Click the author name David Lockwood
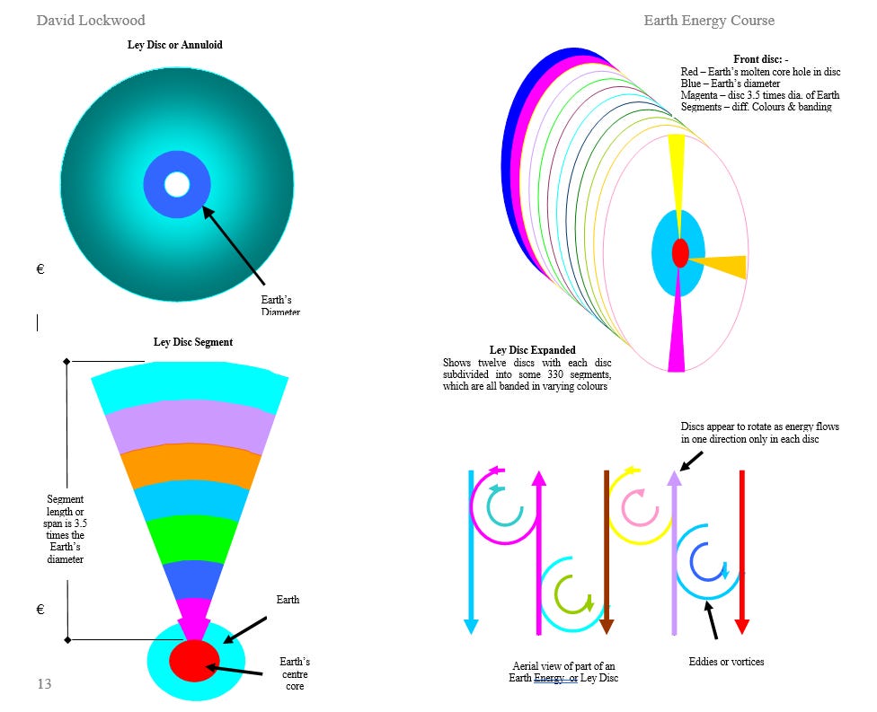(x=90, y=20)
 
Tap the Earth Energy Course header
(x=708, y=20)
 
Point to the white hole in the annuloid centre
(x=177, y=185)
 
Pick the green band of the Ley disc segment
(x=191, y=537)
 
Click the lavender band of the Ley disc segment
(x=190, y=427)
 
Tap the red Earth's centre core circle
(x=194, y=661)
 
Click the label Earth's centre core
(x=295, y=673)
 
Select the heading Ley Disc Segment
(x=193, y=342)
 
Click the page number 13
(x=44, y=684)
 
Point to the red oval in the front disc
(x=680, y=252)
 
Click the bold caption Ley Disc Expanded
(x=532, y=350)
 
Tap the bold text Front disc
(x=760, y=60)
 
